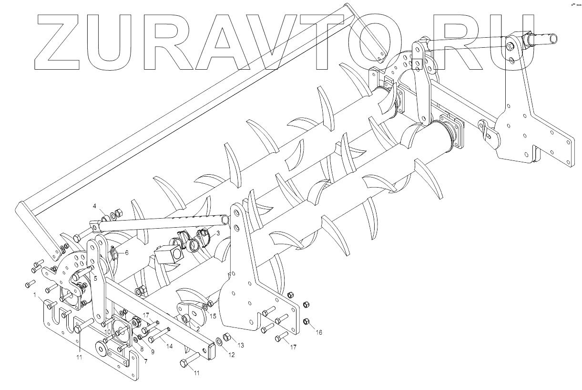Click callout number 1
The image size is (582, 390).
click(34, 295)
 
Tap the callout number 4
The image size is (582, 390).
click(94, 206)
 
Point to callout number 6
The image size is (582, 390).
click(127, 253)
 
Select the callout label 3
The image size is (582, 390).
click(218, 233)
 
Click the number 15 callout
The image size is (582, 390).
click(213, 316)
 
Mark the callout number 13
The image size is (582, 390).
click(241, 345)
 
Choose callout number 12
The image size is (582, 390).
click(232, 355)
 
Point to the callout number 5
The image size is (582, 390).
click(95, 278)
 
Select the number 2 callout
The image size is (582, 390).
click(197, 329)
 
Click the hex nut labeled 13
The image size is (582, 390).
click(227, 337)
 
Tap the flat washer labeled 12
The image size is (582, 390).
click(219, 341)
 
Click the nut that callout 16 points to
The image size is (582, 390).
click(307, 321)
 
